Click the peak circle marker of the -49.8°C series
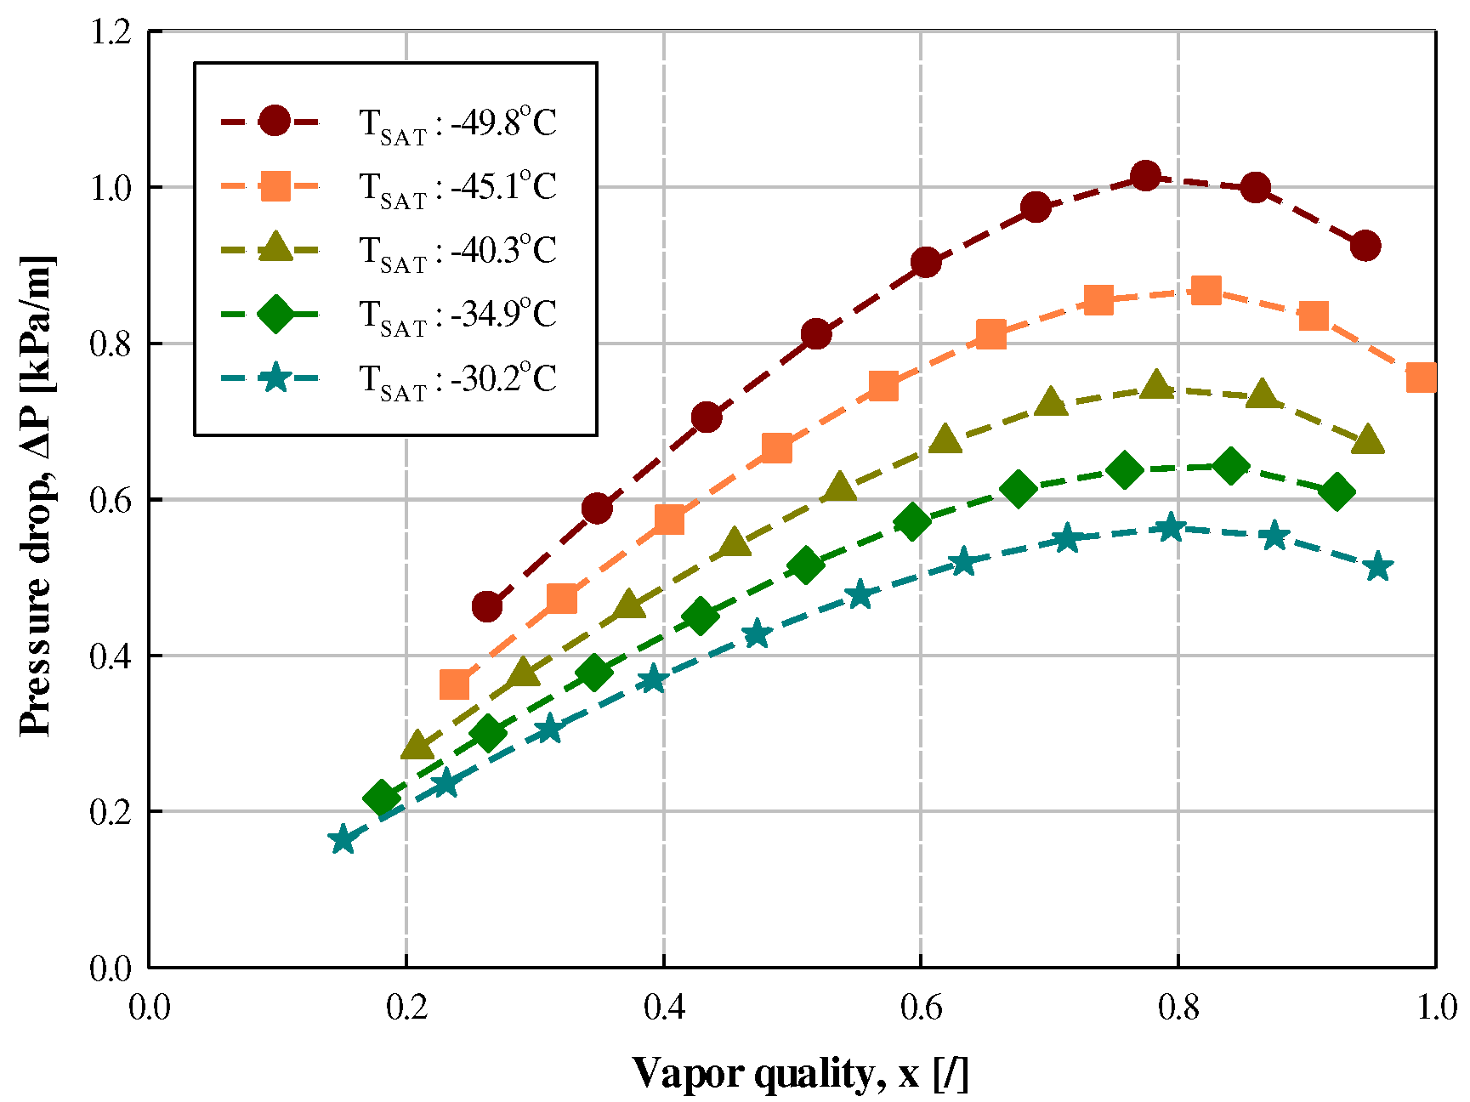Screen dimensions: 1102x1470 [x=1145, y=177]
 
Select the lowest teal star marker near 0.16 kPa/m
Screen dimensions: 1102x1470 [x=343, y=840]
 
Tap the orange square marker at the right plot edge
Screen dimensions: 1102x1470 [x=1422, y=377]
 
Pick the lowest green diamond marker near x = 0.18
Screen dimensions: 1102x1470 [x=382, y=798]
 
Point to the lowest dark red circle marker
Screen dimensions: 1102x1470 [x=487, y=607]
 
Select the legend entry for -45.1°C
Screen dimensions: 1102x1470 [x=457, y=187]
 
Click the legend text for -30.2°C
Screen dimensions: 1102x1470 [x=457, y=378]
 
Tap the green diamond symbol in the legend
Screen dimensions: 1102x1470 [x=275, y=314]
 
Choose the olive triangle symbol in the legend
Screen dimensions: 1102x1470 [x=275, y=248]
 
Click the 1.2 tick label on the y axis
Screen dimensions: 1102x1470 [x=111, y=31]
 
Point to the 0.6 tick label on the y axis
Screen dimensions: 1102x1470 [x=111, y=500]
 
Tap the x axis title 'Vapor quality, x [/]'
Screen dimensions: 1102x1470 [x=799, y=1073]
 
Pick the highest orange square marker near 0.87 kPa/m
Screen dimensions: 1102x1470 [x=1206, y=291]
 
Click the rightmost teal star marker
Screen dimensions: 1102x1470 [x=1378, y=567]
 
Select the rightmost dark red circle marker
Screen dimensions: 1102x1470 [x=1365, y=246]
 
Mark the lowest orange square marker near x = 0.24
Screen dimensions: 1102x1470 [x=455, y=684]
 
